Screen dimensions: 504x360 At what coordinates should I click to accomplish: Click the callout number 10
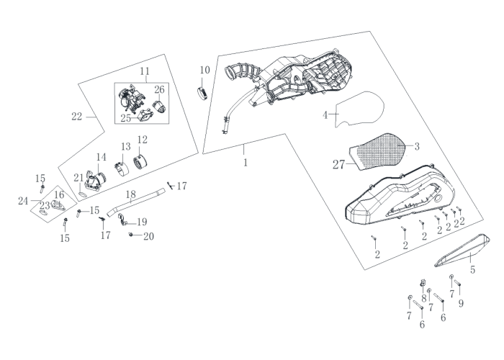point(204,70)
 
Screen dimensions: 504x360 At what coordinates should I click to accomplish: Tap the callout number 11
point(145,71)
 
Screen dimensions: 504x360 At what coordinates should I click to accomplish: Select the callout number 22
point(77,117)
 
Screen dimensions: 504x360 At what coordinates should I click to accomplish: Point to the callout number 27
point(338,165)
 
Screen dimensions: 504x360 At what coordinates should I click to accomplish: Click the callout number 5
point(472,269)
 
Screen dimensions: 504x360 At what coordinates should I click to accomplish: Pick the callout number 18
point(131,194)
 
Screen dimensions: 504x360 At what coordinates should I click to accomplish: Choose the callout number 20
point(148,236)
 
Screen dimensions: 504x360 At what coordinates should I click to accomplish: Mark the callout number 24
point(23,201)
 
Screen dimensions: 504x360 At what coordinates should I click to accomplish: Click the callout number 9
point(461,303)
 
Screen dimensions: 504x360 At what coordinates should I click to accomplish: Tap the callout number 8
point(423,298)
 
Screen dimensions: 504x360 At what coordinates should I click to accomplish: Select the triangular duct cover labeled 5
point(462,251)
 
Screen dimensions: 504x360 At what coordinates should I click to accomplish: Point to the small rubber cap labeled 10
point(202,93)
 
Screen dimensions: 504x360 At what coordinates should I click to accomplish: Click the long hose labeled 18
point(136,202)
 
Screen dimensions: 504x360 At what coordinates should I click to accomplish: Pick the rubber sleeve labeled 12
point(140,161)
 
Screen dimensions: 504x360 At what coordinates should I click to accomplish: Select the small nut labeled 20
point(130,235)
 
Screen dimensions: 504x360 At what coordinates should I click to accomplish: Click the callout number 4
point(325,114)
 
